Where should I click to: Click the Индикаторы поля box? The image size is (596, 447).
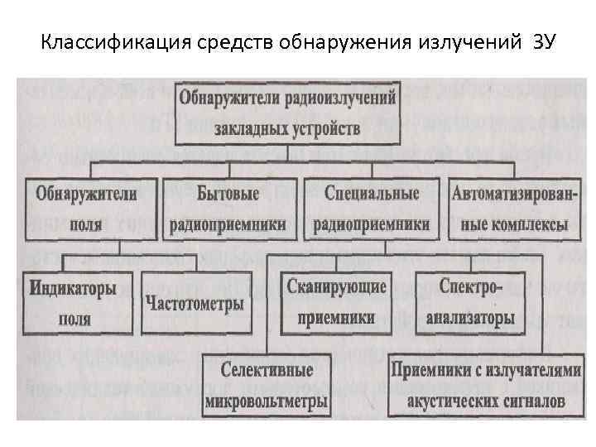74,303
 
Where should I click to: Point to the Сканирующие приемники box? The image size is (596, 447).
336,303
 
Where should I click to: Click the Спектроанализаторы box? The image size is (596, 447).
470,303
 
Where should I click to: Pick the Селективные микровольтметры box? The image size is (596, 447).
267,386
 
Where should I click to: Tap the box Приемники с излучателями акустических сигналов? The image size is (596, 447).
486,386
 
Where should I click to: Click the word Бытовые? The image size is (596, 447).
228,194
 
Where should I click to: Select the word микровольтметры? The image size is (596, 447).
267,401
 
